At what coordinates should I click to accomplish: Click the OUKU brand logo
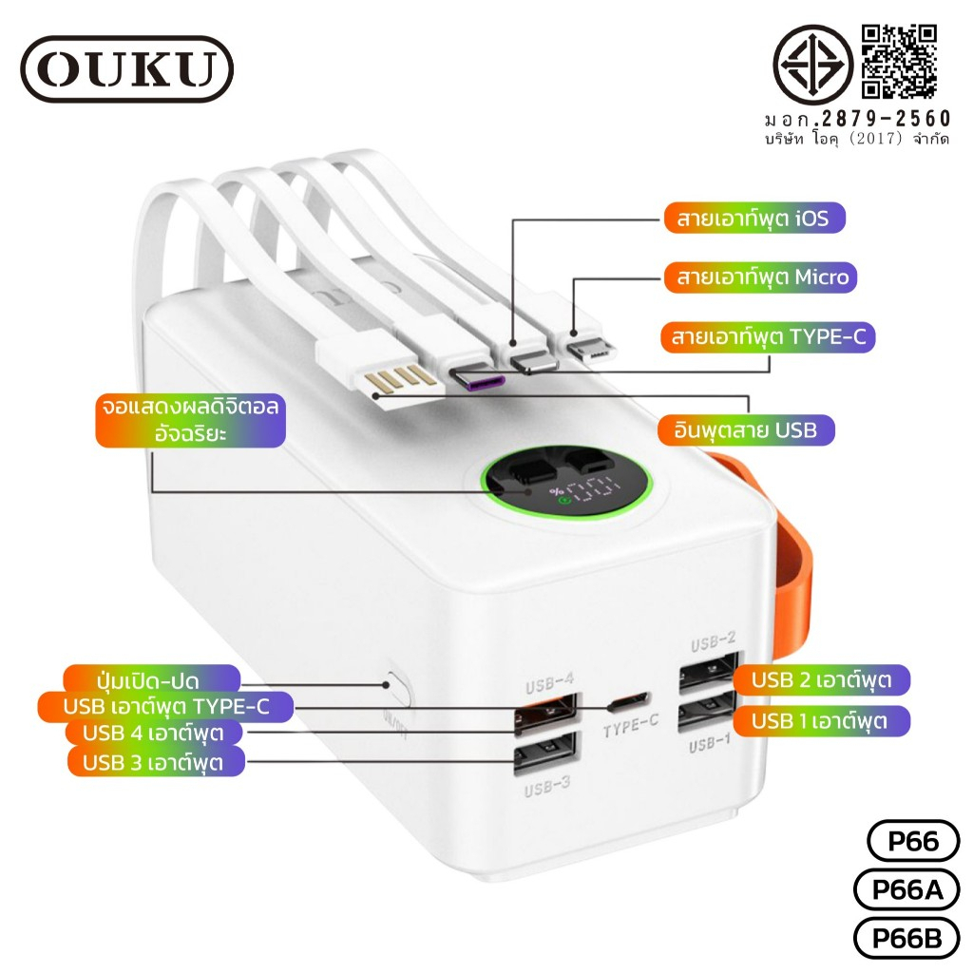click(x=127, y=68)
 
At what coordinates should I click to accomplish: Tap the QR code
click(x=899, y=62)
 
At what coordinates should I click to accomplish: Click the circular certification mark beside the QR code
click(x=812, y=64)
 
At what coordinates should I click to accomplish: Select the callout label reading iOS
click(x=754, y=218)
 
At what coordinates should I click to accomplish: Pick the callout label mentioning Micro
click(x=760, y=277)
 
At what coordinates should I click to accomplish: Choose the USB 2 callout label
click(x=822, y=679)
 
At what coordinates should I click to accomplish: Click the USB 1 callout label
click(x=822, y=721)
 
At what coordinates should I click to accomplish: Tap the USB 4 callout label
click(x=155, y=733)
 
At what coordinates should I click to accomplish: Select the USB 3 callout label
click(x=155, y=762)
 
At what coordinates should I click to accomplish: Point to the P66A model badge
click(x=907, y=889)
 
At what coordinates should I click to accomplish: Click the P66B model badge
click(x=907, y=938)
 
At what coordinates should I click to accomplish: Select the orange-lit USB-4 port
click(x=545, y=713)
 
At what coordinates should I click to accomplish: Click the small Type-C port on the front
click(x=629, y=701)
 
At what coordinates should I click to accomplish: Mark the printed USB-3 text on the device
click(x=547, y=787)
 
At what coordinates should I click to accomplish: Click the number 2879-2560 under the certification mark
click(x=887, y=119)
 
